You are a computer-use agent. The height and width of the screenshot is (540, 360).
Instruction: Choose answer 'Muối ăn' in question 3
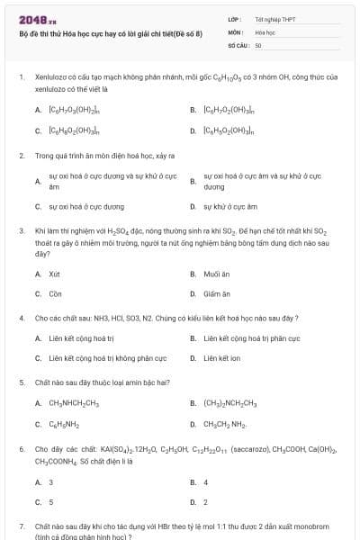coord(213,274)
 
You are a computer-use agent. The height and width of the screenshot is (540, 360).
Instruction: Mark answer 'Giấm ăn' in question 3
coord(214,293)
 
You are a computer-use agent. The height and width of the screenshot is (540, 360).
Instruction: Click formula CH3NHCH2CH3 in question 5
coord(74,403)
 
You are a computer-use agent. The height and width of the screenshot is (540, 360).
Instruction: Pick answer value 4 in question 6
coord(206,482)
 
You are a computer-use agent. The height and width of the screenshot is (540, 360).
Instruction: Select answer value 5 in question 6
coord(51,502)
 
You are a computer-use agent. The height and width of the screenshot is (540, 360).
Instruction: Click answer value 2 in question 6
coord(206,502)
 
